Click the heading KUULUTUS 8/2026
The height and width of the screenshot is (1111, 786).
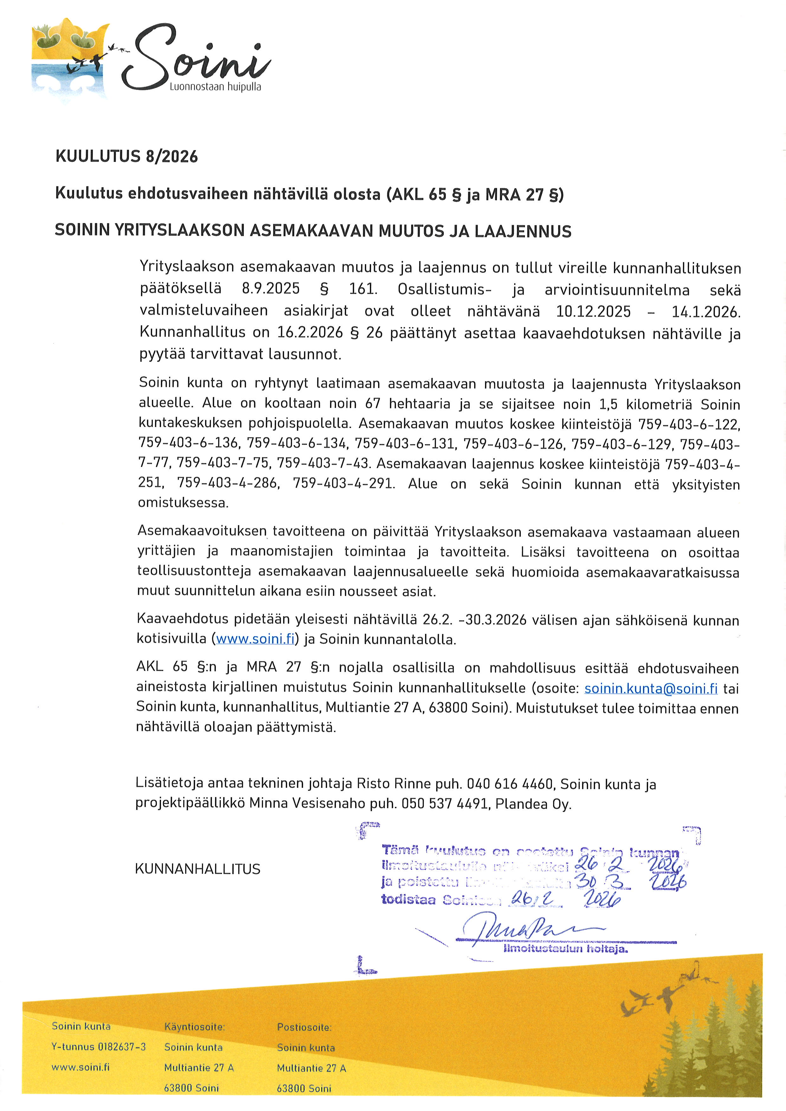coord(126,156)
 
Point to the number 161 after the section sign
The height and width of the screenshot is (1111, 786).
coord(363,289)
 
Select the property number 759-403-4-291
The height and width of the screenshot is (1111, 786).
coord(343,483)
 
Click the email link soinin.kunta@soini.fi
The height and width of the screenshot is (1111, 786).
coord(651,688)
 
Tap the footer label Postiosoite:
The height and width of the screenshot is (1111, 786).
coord(304,1027)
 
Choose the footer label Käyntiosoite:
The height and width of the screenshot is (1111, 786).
coord(195,1026)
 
